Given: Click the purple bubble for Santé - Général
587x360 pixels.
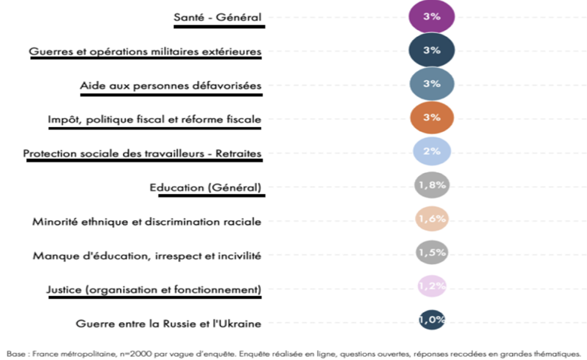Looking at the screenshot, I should coord(432,16).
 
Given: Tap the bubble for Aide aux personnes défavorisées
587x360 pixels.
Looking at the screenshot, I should coord(432,84).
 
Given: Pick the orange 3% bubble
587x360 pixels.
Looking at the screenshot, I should coord(432,117).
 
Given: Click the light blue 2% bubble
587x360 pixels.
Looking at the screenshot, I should coord(432,151).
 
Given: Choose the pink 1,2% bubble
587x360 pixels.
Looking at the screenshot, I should coord(432,287).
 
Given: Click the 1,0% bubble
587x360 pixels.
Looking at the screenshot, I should coord(432,321).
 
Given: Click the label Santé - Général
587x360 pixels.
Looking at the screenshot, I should coord(217,17).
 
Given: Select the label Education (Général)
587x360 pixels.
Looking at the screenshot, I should coord(205,187).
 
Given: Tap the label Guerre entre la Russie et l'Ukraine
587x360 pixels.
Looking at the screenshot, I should coord(169,323).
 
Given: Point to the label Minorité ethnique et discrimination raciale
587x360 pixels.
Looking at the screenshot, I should coord(147,222).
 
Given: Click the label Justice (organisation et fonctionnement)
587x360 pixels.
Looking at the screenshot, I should coord(154,289).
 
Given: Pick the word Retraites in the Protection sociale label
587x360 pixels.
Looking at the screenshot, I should coord(240,154).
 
